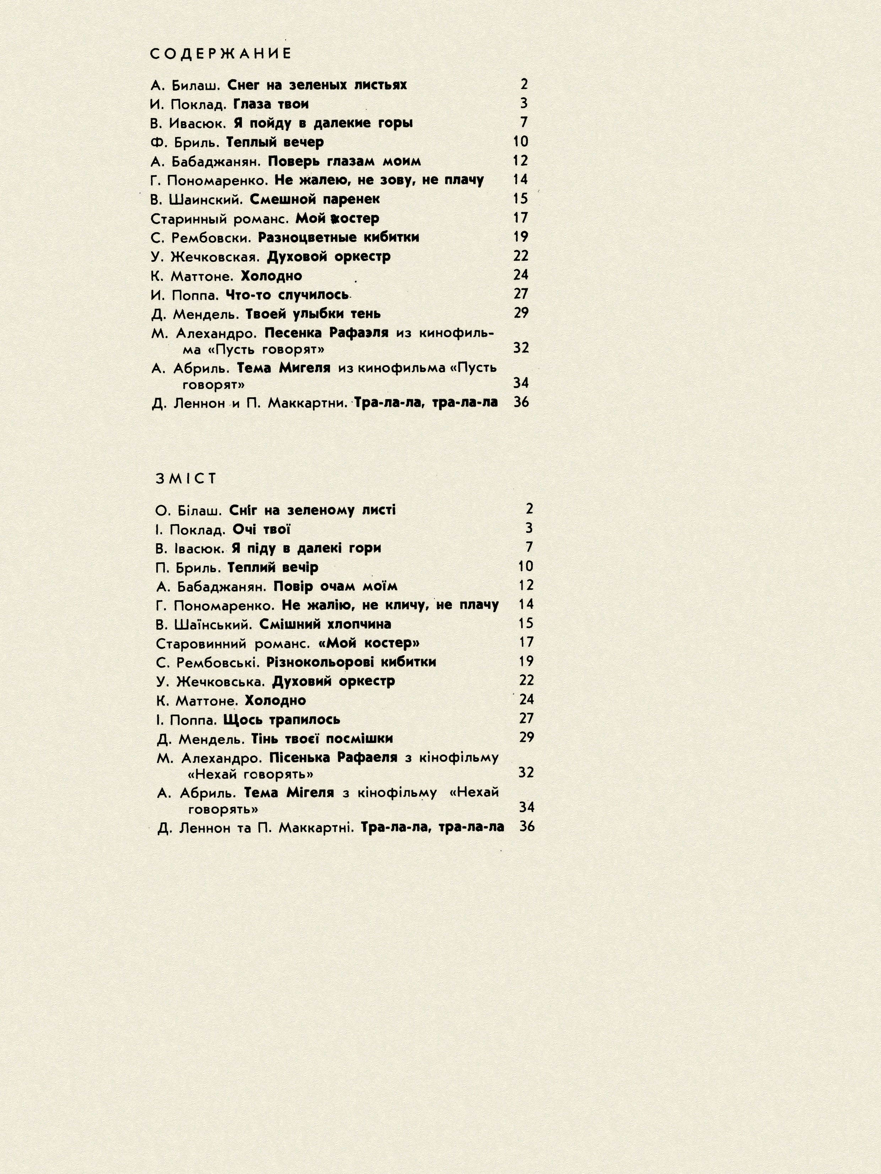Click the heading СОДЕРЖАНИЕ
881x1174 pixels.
click(221, 54)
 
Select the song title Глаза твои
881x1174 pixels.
click(271, 104)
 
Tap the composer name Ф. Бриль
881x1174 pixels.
click(185, 142)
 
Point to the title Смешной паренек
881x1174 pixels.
click(315, 200)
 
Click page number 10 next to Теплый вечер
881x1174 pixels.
click(520, 142)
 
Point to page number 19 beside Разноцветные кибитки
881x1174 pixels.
click(520, 237)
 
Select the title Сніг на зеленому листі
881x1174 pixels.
click(312, 510)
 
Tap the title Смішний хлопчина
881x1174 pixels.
click(325, 624)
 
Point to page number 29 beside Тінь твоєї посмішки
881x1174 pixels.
click(526, 737)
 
